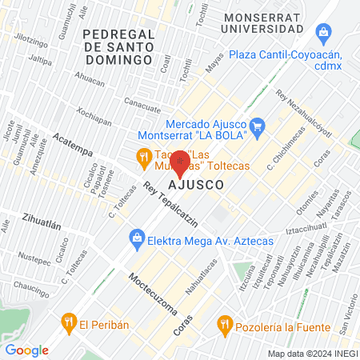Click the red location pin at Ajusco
(x=180, y=162)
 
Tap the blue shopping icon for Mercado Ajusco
(x=257, y=126)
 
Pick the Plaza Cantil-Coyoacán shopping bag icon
(x=323, y=32)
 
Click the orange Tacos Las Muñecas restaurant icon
(x=144, y=158)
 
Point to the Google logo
(x=26, y=350)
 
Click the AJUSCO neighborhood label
(x=195, y=185)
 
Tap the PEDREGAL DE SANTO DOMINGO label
(x=118, y=46)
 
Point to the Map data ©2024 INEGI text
(x=312, y=353)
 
